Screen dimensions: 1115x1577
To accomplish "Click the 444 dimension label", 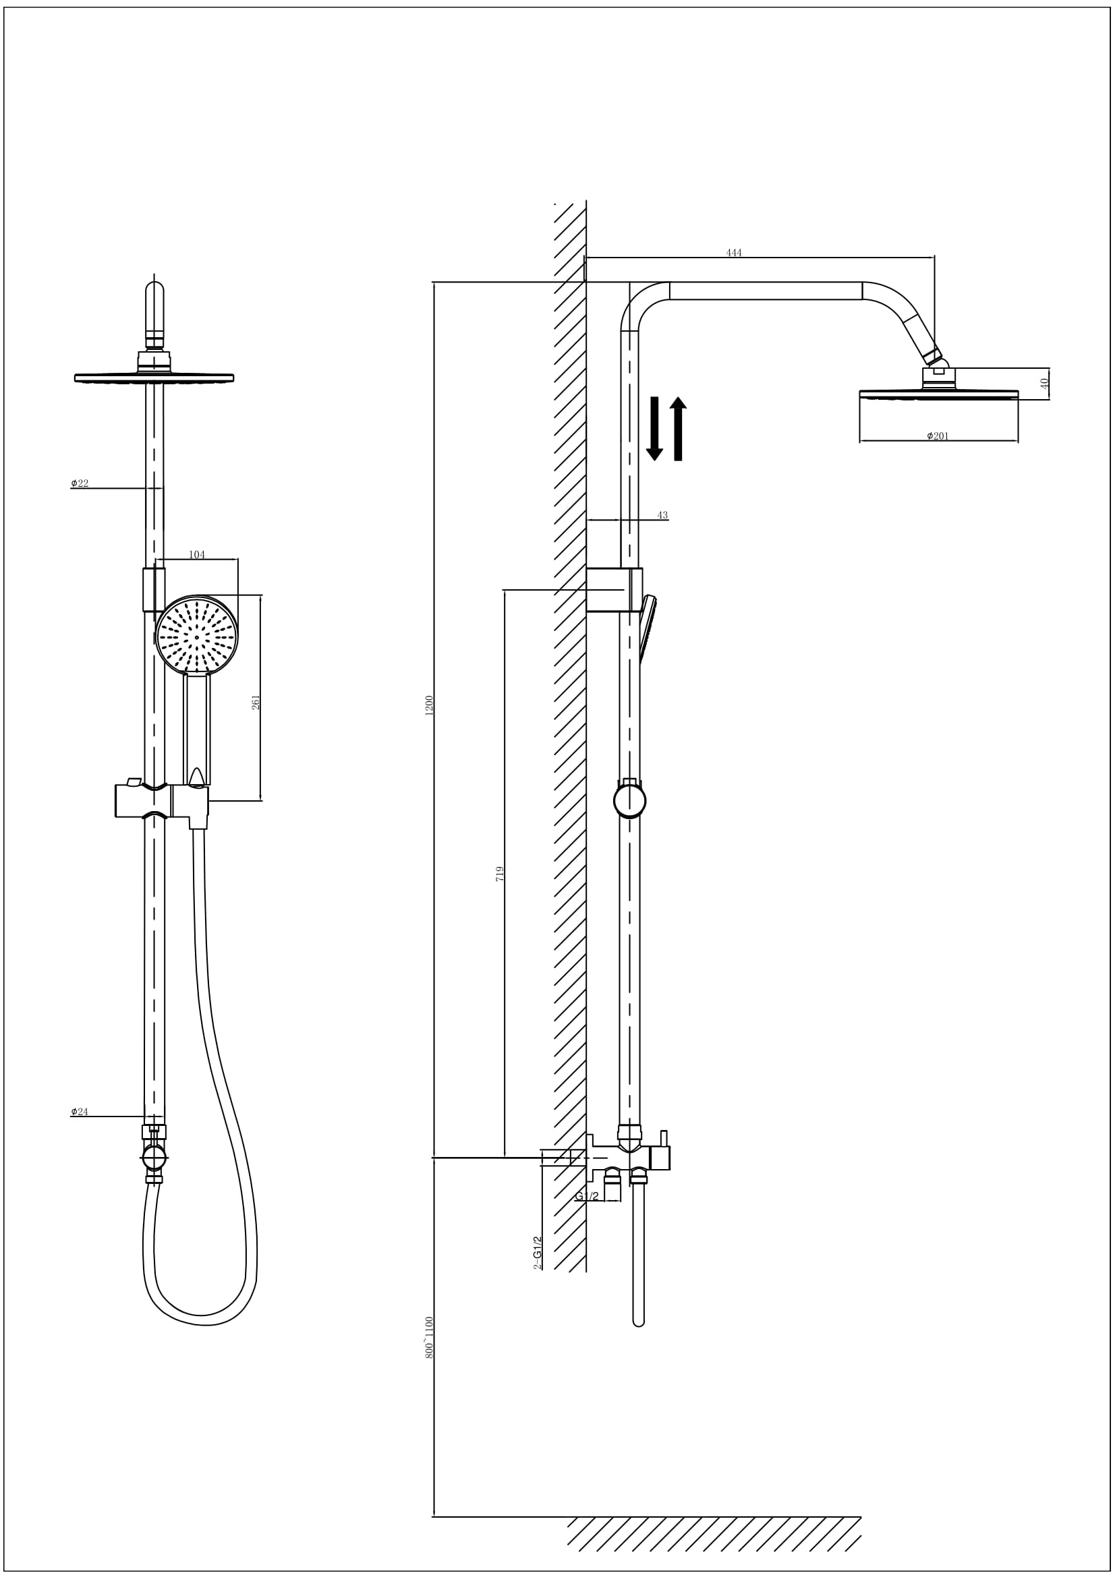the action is (x=734, y=253).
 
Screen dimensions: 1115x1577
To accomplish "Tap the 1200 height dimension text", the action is (x=430, y=705).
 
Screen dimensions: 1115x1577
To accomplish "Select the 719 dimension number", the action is (x=500, y=874).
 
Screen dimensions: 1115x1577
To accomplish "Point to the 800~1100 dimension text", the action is (x=430, y=1337).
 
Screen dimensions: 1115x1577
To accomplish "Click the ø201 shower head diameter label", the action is (x=938, y=436).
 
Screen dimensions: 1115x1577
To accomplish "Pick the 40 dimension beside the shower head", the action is (x=1044, y=383).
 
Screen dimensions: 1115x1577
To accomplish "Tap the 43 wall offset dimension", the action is (x=662, y=515).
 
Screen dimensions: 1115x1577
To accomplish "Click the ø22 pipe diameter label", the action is (x=80, y=483).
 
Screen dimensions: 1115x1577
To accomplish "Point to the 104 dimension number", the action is (x=196, y=555).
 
